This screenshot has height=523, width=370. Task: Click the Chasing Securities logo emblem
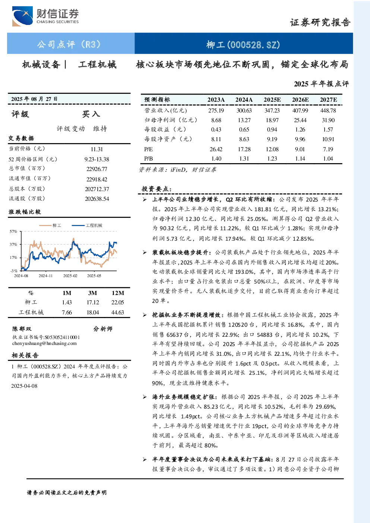coord(23,16)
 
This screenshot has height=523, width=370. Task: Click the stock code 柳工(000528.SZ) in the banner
coord(243,45)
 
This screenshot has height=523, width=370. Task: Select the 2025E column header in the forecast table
coord(272,100)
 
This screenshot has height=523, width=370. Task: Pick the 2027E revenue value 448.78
coord(328,110)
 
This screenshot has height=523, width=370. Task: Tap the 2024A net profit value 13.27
coord(244,120)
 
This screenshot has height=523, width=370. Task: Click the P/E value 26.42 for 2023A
coord(216,149)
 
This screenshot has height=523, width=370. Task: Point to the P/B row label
coord(149,159)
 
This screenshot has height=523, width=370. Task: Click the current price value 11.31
coord(97,149)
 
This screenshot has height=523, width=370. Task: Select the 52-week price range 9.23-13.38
coord(97,159)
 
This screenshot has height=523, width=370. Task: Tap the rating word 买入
coord(91,114)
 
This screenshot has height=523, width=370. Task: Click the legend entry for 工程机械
coord(87,225)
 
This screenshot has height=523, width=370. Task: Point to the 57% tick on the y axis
coord(13,231)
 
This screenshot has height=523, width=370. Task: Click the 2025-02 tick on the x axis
coord(70,276)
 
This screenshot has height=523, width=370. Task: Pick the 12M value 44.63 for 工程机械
coord(117,313)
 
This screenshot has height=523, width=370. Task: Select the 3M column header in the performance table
coord(92,293)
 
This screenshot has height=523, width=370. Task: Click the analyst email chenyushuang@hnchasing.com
coord(44,343)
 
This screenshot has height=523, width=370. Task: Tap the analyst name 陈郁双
coord(22,329)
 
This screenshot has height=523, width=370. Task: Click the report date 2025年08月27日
coord(34,99)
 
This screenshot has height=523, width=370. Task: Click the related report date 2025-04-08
coord(24,386)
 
